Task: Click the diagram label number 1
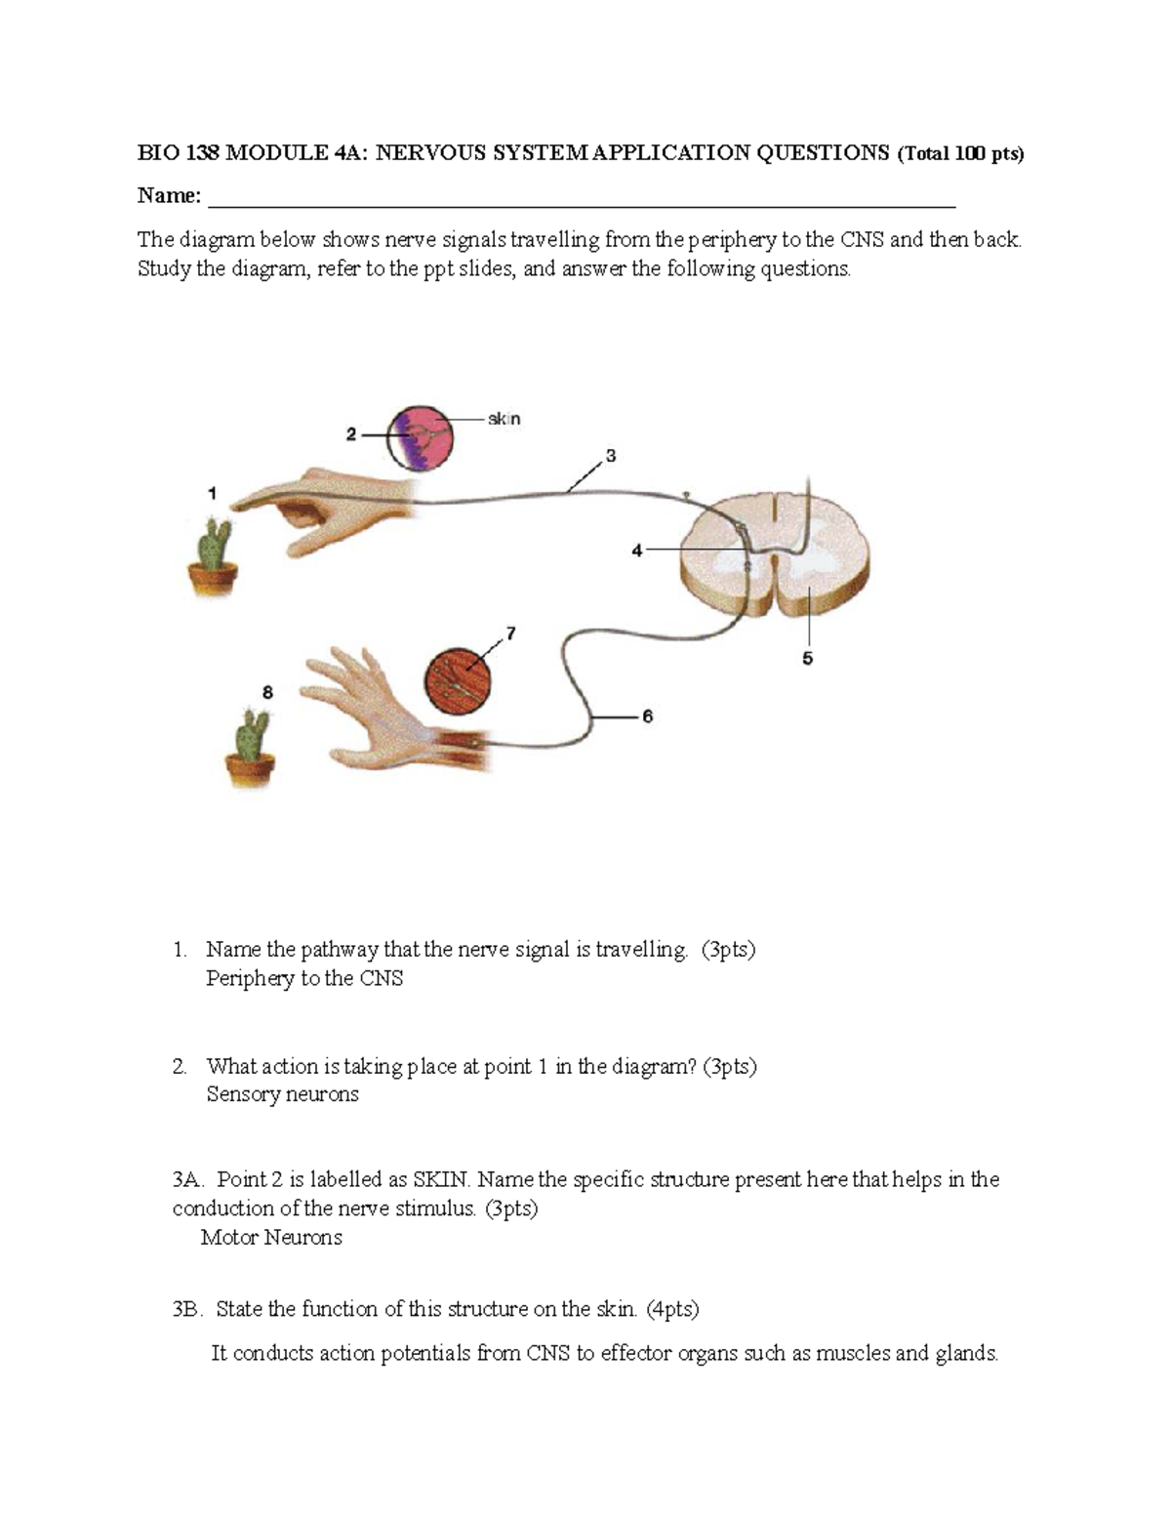pos(212,494)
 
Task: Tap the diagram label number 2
pos(350,435)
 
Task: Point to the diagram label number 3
pos(611,456)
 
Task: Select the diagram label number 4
pos(636,551)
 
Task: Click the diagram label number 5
pos(807,659)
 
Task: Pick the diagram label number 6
pos(647,717)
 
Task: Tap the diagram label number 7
pos(510,634)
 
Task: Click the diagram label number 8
pos(267,692)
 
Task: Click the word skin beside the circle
pos(505,419)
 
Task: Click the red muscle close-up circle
pos(458,679)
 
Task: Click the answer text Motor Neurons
pos(271,1238)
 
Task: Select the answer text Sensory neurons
pos(282,1094)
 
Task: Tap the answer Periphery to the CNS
pos(304,978)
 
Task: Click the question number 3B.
pos(186,1309)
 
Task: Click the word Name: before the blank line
pos(169,196)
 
